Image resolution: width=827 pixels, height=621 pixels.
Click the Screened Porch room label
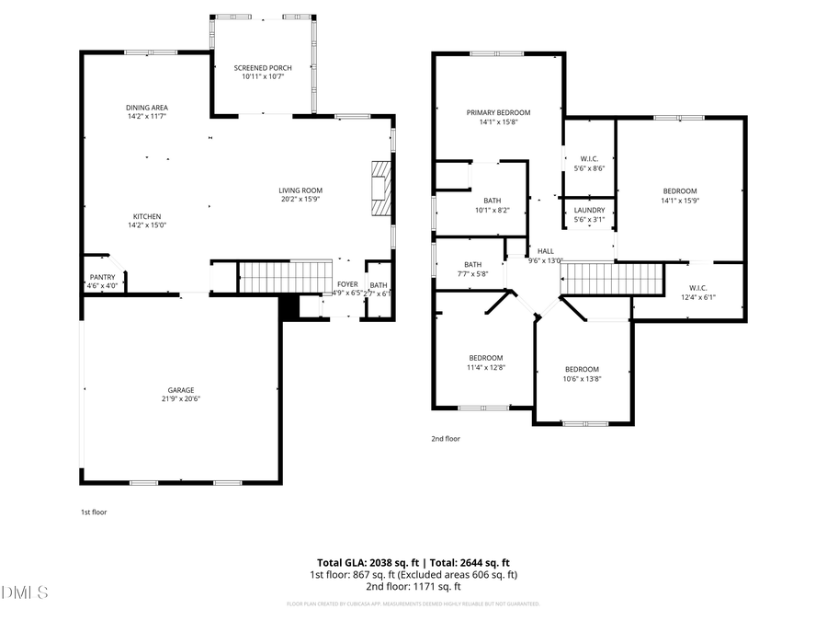[263, 68]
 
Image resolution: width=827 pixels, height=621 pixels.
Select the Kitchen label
[147, 215]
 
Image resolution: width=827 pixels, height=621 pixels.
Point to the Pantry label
[102, 277]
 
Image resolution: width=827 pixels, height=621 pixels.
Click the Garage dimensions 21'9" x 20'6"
[180, 398]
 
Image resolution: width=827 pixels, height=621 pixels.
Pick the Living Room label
[300, 190]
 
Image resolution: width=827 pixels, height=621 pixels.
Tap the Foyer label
[347, 284]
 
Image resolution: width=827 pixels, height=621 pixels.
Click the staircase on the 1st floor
[284, 276]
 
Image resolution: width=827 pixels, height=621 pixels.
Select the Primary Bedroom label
[498, 112]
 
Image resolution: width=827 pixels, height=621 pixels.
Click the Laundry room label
[588, 210]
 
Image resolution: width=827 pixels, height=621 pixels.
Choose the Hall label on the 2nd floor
[546, 250]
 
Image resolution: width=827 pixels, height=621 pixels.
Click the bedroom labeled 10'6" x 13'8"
[581, 370]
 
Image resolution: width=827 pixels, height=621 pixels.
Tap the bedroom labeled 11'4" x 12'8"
[486, 358]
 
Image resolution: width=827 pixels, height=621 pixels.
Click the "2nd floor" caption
[446, 439]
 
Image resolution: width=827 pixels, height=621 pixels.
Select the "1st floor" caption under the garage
[94, 512]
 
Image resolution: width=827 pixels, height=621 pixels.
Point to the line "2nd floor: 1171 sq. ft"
[413, 586]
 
